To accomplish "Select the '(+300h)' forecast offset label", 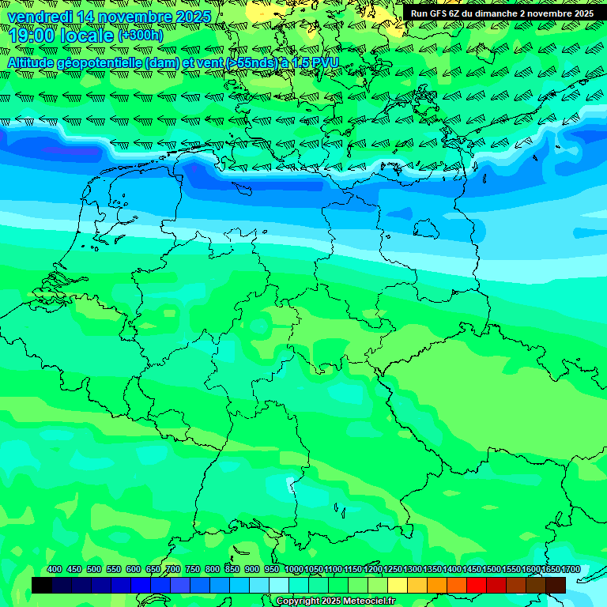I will click(x=141, y=36).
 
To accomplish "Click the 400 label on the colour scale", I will click(x=54, y=569).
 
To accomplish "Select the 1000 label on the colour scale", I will click(x=293, y=569).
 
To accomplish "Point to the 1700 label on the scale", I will click(x=571, y=569).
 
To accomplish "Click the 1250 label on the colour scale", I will click(x=392, y=569).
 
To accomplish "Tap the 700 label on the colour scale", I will click(x=172, y=569).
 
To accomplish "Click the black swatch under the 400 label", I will click(x=42, y=585).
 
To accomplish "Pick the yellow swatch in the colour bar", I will click(x=398, y=585).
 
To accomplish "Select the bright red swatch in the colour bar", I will click(x=477, y=585).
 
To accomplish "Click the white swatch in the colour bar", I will click(x=279, y=585).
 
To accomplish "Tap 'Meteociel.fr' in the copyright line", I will click(x=368, y=601).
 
